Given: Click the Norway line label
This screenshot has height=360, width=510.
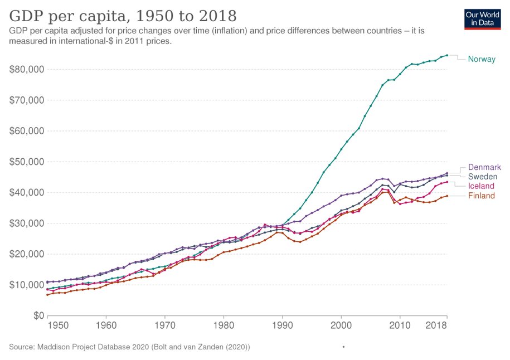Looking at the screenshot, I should (x=482, y=59).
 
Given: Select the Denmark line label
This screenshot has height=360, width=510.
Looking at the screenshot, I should (x=484, y=167).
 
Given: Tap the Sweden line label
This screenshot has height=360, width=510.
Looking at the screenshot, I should (x=483, y=177).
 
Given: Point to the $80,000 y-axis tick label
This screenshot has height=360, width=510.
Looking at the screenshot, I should (x=27, y=70).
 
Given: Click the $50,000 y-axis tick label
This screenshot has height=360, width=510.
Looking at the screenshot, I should (x=27, y=162).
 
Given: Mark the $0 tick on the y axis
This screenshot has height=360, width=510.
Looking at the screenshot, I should (x=38, y=315).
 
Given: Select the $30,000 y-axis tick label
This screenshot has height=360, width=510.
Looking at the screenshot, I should (x=27, y=223).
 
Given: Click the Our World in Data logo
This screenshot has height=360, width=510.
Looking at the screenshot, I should (x=483, y=19).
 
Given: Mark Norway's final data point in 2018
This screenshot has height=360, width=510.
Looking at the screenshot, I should (x=447, y=55).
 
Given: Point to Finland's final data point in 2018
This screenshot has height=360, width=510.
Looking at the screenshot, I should (x=447, y=196).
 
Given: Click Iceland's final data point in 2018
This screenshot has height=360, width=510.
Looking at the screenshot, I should (x=447, y=182).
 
